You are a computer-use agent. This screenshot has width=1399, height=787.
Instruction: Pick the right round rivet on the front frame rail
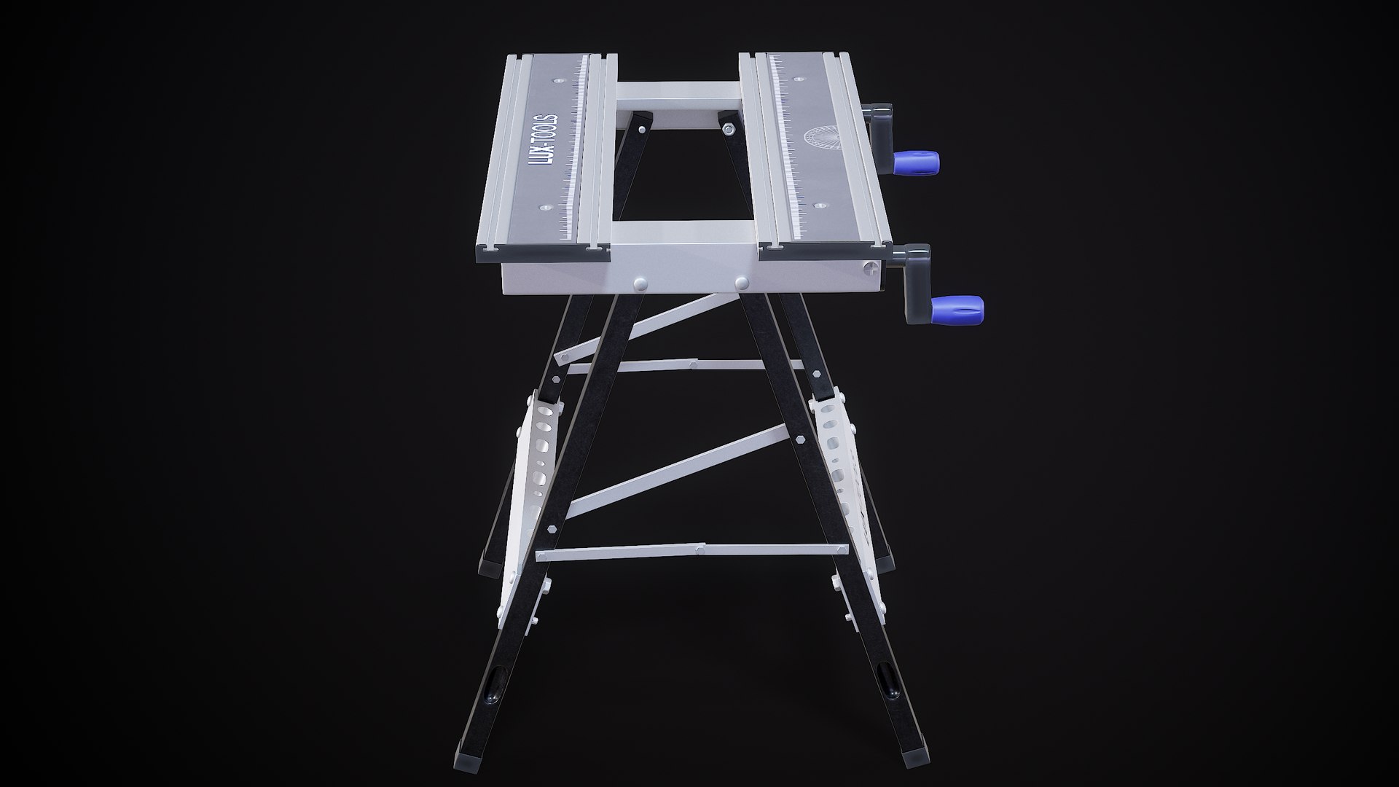point(742,281)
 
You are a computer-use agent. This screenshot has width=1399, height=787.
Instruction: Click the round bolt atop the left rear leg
point(641,129)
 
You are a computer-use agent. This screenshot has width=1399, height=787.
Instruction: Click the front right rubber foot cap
point(914,755)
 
